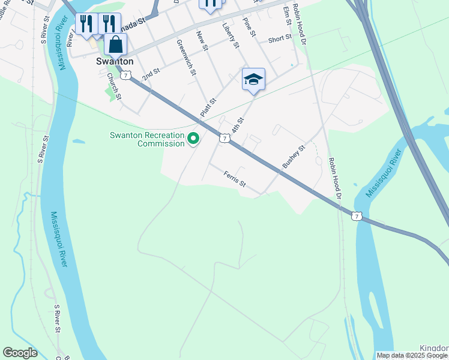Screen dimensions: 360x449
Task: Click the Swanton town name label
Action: point(115,61)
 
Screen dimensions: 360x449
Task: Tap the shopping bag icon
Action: point(115,45)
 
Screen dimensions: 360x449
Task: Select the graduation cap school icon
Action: point(253,79)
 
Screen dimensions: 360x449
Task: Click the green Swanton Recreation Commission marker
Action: point(193,139)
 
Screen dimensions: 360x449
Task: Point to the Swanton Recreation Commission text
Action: point(147,139)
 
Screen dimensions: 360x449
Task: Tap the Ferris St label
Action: point(234,179)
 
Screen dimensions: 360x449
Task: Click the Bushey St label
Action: point(294,155)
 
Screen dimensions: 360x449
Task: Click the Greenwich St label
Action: point(186,58)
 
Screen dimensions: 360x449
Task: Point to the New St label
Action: point(202,42)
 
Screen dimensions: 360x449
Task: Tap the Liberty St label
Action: point(231,36)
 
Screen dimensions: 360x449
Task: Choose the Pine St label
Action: point(250,29)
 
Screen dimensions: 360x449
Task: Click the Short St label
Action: point(280,38)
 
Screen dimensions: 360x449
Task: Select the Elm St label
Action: point(288,15)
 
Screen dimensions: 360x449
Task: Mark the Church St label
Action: point(114,86)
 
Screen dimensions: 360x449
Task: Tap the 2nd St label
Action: point(151,75)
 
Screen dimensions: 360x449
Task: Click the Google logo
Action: point(20,353)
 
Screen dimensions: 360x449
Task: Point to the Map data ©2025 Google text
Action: point(412,355)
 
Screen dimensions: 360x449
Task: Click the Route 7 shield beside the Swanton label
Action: point(125,74)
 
